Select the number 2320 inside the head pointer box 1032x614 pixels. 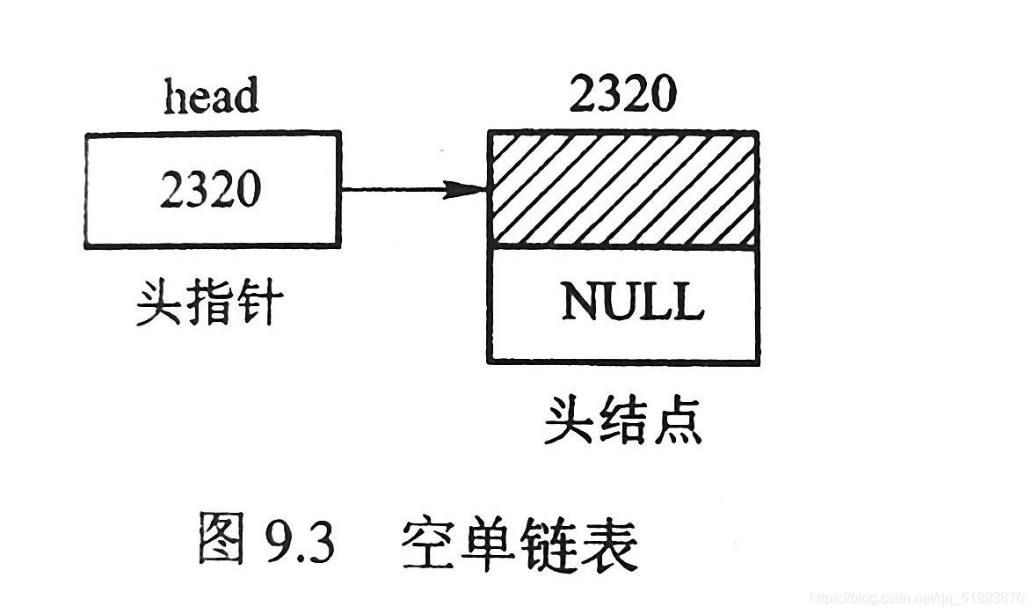pos(210,188)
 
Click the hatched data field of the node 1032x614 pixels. pos(623,188)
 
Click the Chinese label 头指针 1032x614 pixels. pos(209,304)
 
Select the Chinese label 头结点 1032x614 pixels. pos(622,420)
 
